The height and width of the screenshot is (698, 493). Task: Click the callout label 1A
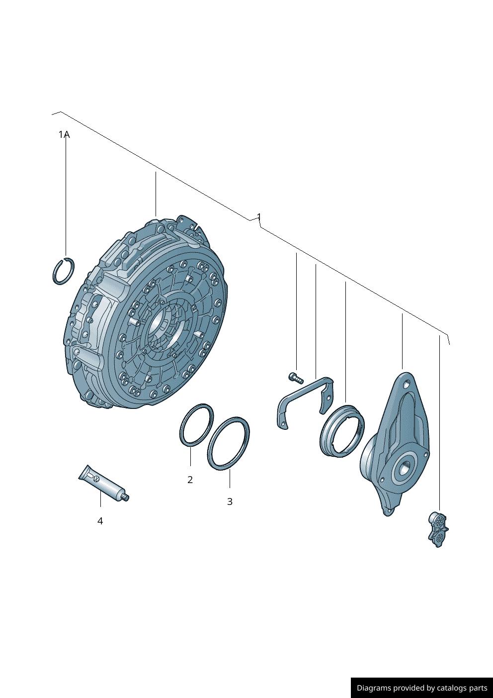(x=64, y=135)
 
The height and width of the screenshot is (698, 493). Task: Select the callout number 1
(x=259, y=217)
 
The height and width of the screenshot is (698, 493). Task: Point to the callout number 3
(x=230, y=501)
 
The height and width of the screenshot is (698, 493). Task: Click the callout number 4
(x=100, y=521)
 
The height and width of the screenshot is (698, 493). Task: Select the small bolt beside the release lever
(x=296, y=378)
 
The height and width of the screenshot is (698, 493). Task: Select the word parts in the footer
(x=478, y=688)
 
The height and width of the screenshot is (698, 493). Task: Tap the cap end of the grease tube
(x=126, y=498)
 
